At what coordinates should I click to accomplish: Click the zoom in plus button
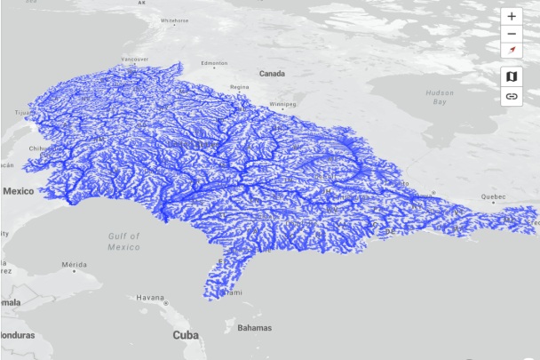[x=512, y=16]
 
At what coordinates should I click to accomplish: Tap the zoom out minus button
[x=512, y=33]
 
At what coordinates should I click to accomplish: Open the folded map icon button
[x=512, y=76]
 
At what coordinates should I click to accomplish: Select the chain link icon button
[x=512, y=96]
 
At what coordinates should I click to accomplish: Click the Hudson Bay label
[x=440, y=97]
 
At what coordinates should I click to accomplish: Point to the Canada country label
[x=271, y=73]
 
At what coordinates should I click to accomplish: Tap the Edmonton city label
[x=215, y=63]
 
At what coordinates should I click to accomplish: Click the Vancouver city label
[x=133, y=60]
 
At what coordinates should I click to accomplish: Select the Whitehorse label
[x=174, y=20]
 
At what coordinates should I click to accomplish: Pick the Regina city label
[x=240, y=87]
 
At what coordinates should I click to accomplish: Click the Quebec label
[x=493, y=196]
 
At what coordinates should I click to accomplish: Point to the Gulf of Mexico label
[x=124, y=241]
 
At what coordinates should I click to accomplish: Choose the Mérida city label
[x=74, y=265]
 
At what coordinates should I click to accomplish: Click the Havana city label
[x=150, y=297]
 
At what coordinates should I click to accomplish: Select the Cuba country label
[x=185, y=335]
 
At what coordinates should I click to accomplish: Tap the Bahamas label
[x=254, y=327]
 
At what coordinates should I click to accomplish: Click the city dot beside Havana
[x=165, y=303]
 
